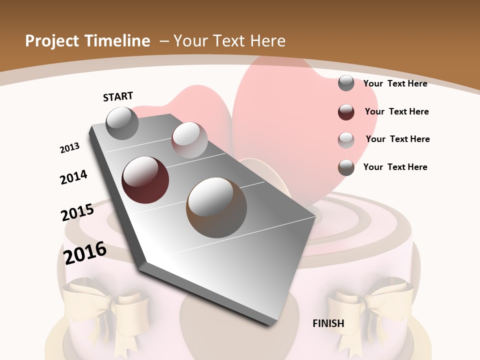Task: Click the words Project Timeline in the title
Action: coord(87,41)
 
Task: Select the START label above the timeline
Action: coord(118,96)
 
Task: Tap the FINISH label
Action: coord(328,323)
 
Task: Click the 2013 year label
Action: coord(69,148)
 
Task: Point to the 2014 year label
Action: coord(73,177)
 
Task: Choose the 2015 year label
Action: coord(77,212)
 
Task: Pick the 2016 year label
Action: coord(85,253)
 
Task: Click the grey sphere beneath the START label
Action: coord(122,123)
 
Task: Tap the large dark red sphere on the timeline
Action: coord(145,180)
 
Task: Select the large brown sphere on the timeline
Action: coord(216,207)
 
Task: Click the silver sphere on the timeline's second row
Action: coord(189,140)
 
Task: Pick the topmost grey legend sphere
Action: coord(346,83)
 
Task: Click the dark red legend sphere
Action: coord(346,112)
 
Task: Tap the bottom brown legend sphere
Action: coord(346,167)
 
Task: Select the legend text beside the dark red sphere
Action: coord(396,111)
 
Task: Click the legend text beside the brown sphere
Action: coord(395,167)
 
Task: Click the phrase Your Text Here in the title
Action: coord(229,41)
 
